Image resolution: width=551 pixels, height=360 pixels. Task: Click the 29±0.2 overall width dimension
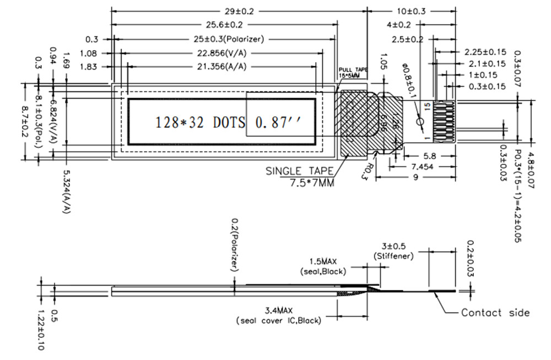[239, 11]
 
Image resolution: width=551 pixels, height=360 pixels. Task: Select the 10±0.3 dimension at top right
[412, 11]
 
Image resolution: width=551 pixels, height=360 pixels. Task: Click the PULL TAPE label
[352, 72]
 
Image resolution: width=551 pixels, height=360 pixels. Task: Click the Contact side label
[495, 313]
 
